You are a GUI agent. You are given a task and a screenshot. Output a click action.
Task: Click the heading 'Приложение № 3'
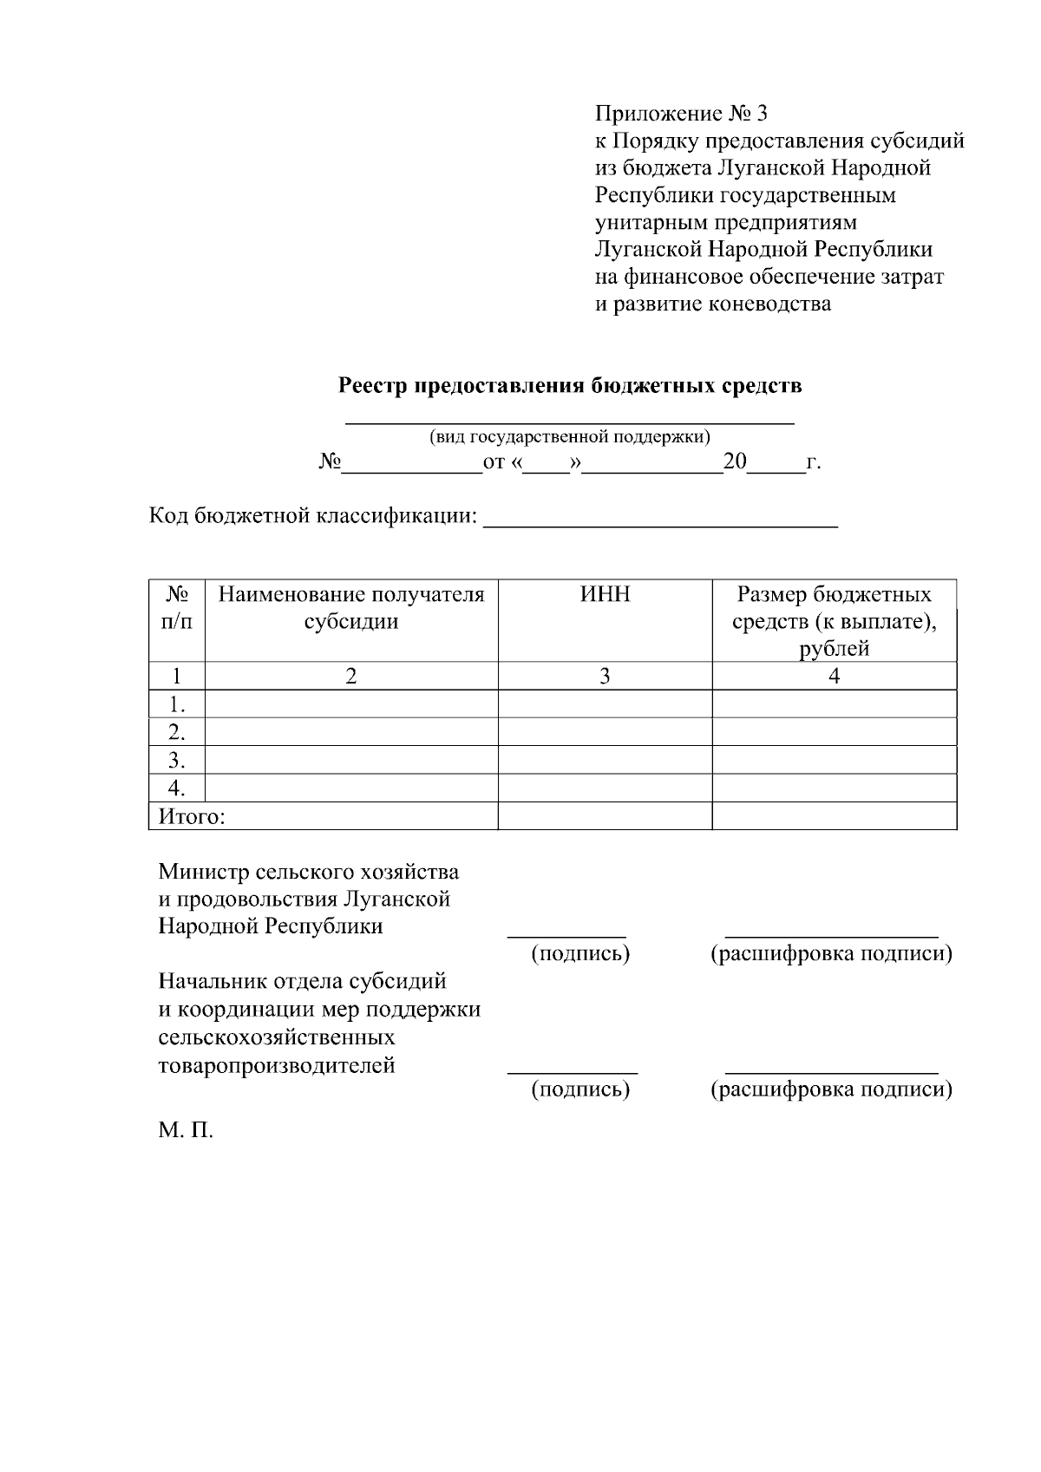pyautogui.click(x=681, y=114)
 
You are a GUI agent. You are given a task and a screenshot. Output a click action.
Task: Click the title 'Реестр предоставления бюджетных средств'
pyautogui.click(x=570, y=386)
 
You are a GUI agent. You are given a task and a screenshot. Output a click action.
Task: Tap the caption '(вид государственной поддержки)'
pyautogui.click(x=570, y=437)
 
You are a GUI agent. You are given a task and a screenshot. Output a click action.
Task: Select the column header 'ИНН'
pyautogui.click(x=605, y=595)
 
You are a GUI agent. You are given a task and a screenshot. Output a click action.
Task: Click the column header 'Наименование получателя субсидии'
pyautogui.click(x=351, y=608)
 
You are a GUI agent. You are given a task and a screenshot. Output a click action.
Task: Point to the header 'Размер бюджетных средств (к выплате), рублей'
pyautogui.click(x=834, y=621)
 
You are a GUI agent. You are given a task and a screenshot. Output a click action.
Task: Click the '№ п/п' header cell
pyautogui.click(x=177, y=608)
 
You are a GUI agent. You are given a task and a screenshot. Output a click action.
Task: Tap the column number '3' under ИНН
pyautogui.click(x=605, y=677)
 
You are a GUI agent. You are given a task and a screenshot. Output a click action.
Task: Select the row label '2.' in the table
pyautogui.click(x=177, y=732)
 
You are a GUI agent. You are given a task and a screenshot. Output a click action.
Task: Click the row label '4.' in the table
pyautogui.click(x=177, y=788)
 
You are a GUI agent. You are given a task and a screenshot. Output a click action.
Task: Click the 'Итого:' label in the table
pyautogui.click(x=192, y=816)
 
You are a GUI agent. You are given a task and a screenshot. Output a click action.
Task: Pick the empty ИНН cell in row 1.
pyautogui.click(x=605, y=703)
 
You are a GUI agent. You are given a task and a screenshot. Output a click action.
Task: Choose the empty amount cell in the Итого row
pyautogui.click(x=834, y=816)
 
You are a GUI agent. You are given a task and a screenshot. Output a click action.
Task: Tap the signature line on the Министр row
pyautogui.click(x=566, y=934)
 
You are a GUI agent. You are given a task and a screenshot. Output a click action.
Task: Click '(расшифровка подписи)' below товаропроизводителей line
pyautogui.click(x=831, y=1089)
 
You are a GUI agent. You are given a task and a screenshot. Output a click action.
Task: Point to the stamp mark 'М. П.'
pyautogui.click(x=186, y=1132)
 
